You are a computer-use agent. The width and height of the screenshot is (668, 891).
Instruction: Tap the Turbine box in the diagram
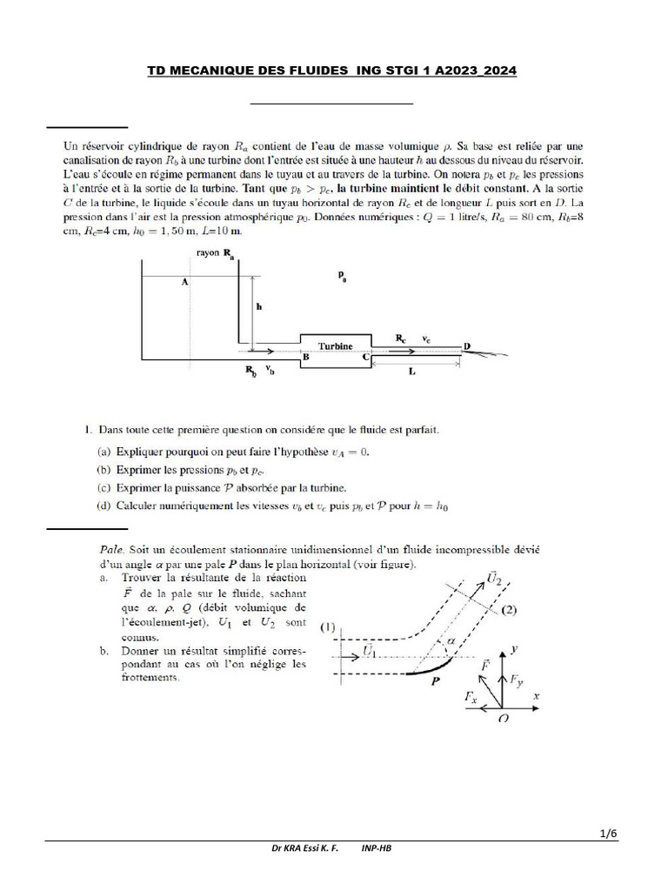[x=336, y=345]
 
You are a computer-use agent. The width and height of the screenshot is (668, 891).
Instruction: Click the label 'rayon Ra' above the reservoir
[x=216, y=252]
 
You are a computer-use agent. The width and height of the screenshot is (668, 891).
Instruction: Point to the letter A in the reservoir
[x=184, y=282]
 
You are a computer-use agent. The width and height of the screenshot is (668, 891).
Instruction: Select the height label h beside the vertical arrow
[x=258, y=306]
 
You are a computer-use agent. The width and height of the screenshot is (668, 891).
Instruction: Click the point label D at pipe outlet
[x=467, y=346]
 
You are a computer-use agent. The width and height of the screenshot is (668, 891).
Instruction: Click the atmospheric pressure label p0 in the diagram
[x=343, y=277]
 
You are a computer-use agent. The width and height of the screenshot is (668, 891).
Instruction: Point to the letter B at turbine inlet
[x=305, y=357]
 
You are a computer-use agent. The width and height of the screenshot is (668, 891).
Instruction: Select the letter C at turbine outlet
[x=366, y=357]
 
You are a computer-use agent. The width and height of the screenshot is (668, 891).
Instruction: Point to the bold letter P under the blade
[x=436, y=683]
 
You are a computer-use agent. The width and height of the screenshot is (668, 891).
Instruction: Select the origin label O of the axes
[x=504, y=718]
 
